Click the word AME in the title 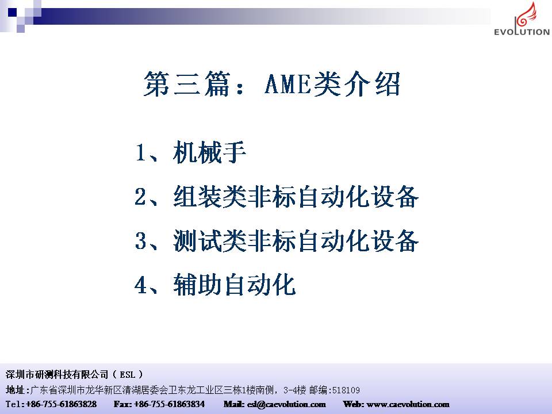(288, 84)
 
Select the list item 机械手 (209, 152)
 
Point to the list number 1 (140, 153)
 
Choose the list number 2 (140, 197)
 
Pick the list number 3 (140, 241)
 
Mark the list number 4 (140, 285)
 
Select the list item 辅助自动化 (235, 285)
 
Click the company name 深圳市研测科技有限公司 (57, 374)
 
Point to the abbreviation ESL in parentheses (128, 374)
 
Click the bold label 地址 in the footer (15, 390)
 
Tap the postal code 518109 (346, 390)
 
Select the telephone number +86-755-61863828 (62, 404)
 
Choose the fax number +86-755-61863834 (169, 404)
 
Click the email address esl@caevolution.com (286, 404)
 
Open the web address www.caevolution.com (408, 404)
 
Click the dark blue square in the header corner (12, 13)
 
